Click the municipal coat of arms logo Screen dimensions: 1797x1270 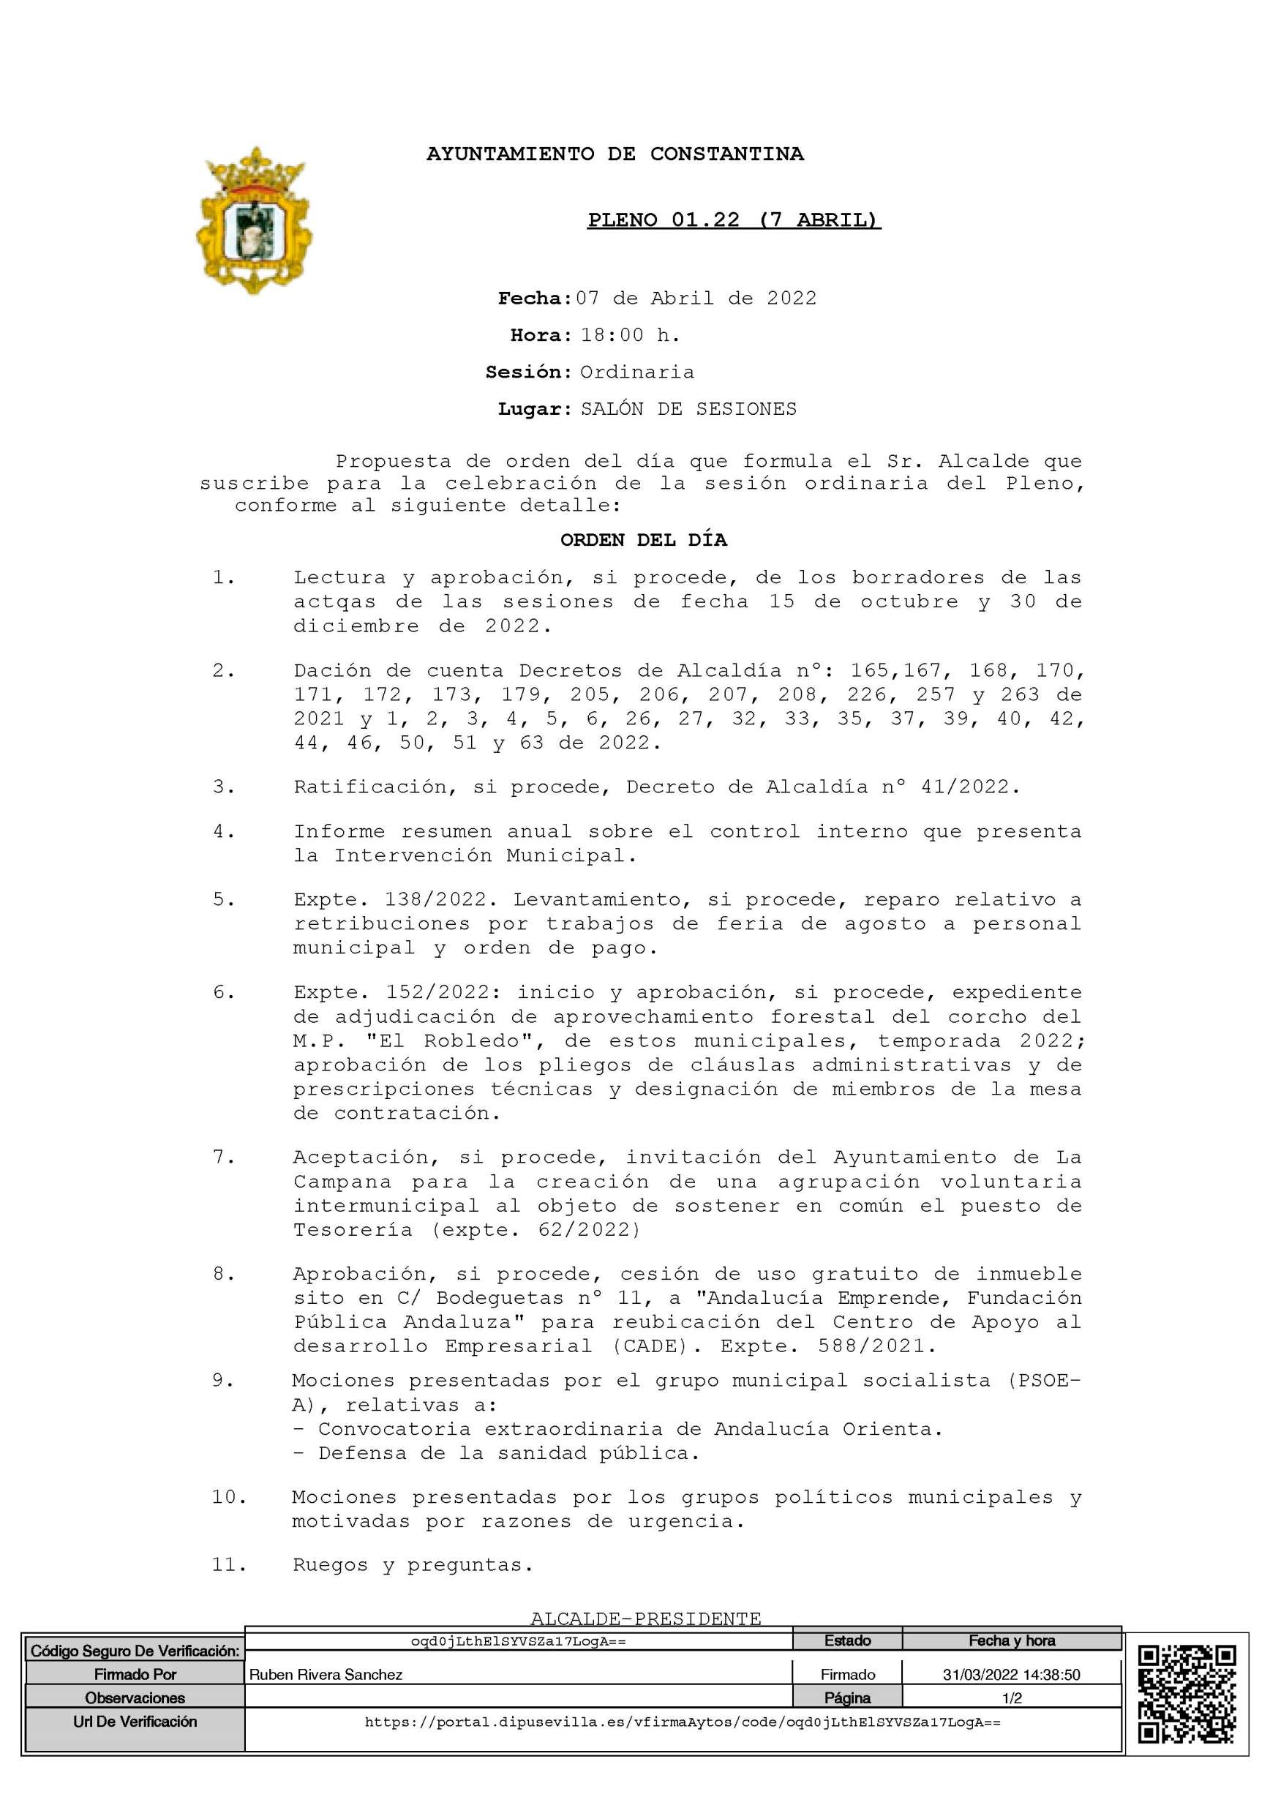254,221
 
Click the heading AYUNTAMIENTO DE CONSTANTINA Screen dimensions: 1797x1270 615,154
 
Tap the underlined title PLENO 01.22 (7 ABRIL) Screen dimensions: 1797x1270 734,220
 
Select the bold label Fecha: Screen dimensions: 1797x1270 536,299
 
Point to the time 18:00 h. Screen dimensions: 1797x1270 630,335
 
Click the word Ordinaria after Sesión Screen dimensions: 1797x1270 637,372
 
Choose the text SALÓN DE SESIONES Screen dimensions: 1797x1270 688,408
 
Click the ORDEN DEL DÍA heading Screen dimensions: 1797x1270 643,540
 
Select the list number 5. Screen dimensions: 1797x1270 224,899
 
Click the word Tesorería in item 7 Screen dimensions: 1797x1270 353,1229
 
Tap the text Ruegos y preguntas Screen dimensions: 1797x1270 413,1564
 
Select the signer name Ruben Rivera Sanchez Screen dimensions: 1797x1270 326,1675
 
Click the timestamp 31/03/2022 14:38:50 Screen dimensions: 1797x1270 1011,1675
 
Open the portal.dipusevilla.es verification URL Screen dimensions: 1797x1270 683,1722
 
